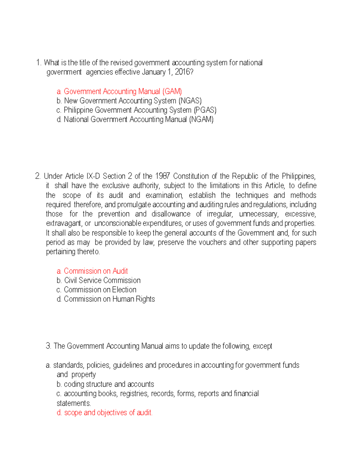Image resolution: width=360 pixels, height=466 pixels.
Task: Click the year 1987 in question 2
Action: pyautogui.click(x=162, y=176)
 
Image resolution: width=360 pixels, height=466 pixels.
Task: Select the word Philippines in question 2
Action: pyautogui.click(x=298, y=176)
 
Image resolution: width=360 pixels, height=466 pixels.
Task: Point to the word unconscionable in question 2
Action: pyautogui.click(x=118, y=223)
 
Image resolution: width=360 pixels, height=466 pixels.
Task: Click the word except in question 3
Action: pyautogui.click(x=262, y=346)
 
